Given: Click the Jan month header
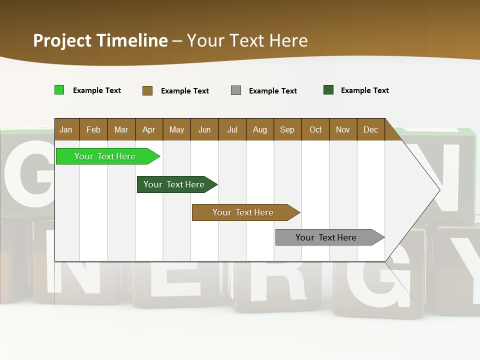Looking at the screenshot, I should (66, 129).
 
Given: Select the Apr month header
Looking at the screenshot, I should (148, 129).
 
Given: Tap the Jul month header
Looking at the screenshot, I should (232, 129).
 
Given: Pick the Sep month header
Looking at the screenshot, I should (287, 129).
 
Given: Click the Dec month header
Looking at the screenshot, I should (370, 129).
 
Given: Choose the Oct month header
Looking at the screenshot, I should (315, 129).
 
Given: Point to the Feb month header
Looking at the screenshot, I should (93, 129).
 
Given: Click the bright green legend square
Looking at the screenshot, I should (59, 90).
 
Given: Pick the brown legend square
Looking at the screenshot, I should (147, 90).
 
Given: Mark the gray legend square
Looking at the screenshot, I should (236, 90).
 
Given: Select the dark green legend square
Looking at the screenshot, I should (328, 90).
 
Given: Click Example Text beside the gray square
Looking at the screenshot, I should (272, 91).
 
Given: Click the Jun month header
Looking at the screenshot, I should (204, 129).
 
